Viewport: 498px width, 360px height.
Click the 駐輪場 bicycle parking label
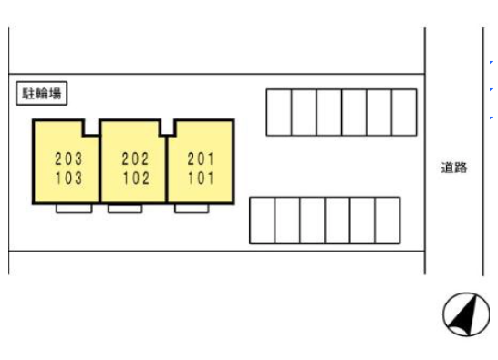coord(42,93)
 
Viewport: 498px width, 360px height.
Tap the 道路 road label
coord(454,168)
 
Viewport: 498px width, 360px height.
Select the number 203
coord(68,159)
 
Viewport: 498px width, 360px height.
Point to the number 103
coord(69,178)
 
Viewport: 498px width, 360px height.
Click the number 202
coord(136,159)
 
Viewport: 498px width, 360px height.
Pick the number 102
coord(136,178)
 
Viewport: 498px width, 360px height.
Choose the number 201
coord(201,159)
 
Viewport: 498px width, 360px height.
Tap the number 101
coord(201,178)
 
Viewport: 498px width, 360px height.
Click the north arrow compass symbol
coord(466,314)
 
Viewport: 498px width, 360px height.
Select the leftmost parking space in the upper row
coord(279,112)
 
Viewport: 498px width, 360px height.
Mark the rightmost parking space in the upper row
coord(404,112)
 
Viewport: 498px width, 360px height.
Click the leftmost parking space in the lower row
coord(263,221)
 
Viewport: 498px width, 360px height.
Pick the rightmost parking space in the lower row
coord(388,221)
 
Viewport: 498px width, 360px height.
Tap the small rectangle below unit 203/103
coord(74,209)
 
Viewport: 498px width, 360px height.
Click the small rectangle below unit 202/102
coord(125,209)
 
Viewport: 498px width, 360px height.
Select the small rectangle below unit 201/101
coord(192,209)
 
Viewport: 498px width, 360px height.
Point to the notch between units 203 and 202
coord(91,128)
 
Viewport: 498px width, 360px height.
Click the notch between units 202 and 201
coord(168,128)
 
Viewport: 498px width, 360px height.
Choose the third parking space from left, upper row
coord(329,112)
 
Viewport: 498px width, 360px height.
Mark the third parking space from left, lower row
coord(313,221)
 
